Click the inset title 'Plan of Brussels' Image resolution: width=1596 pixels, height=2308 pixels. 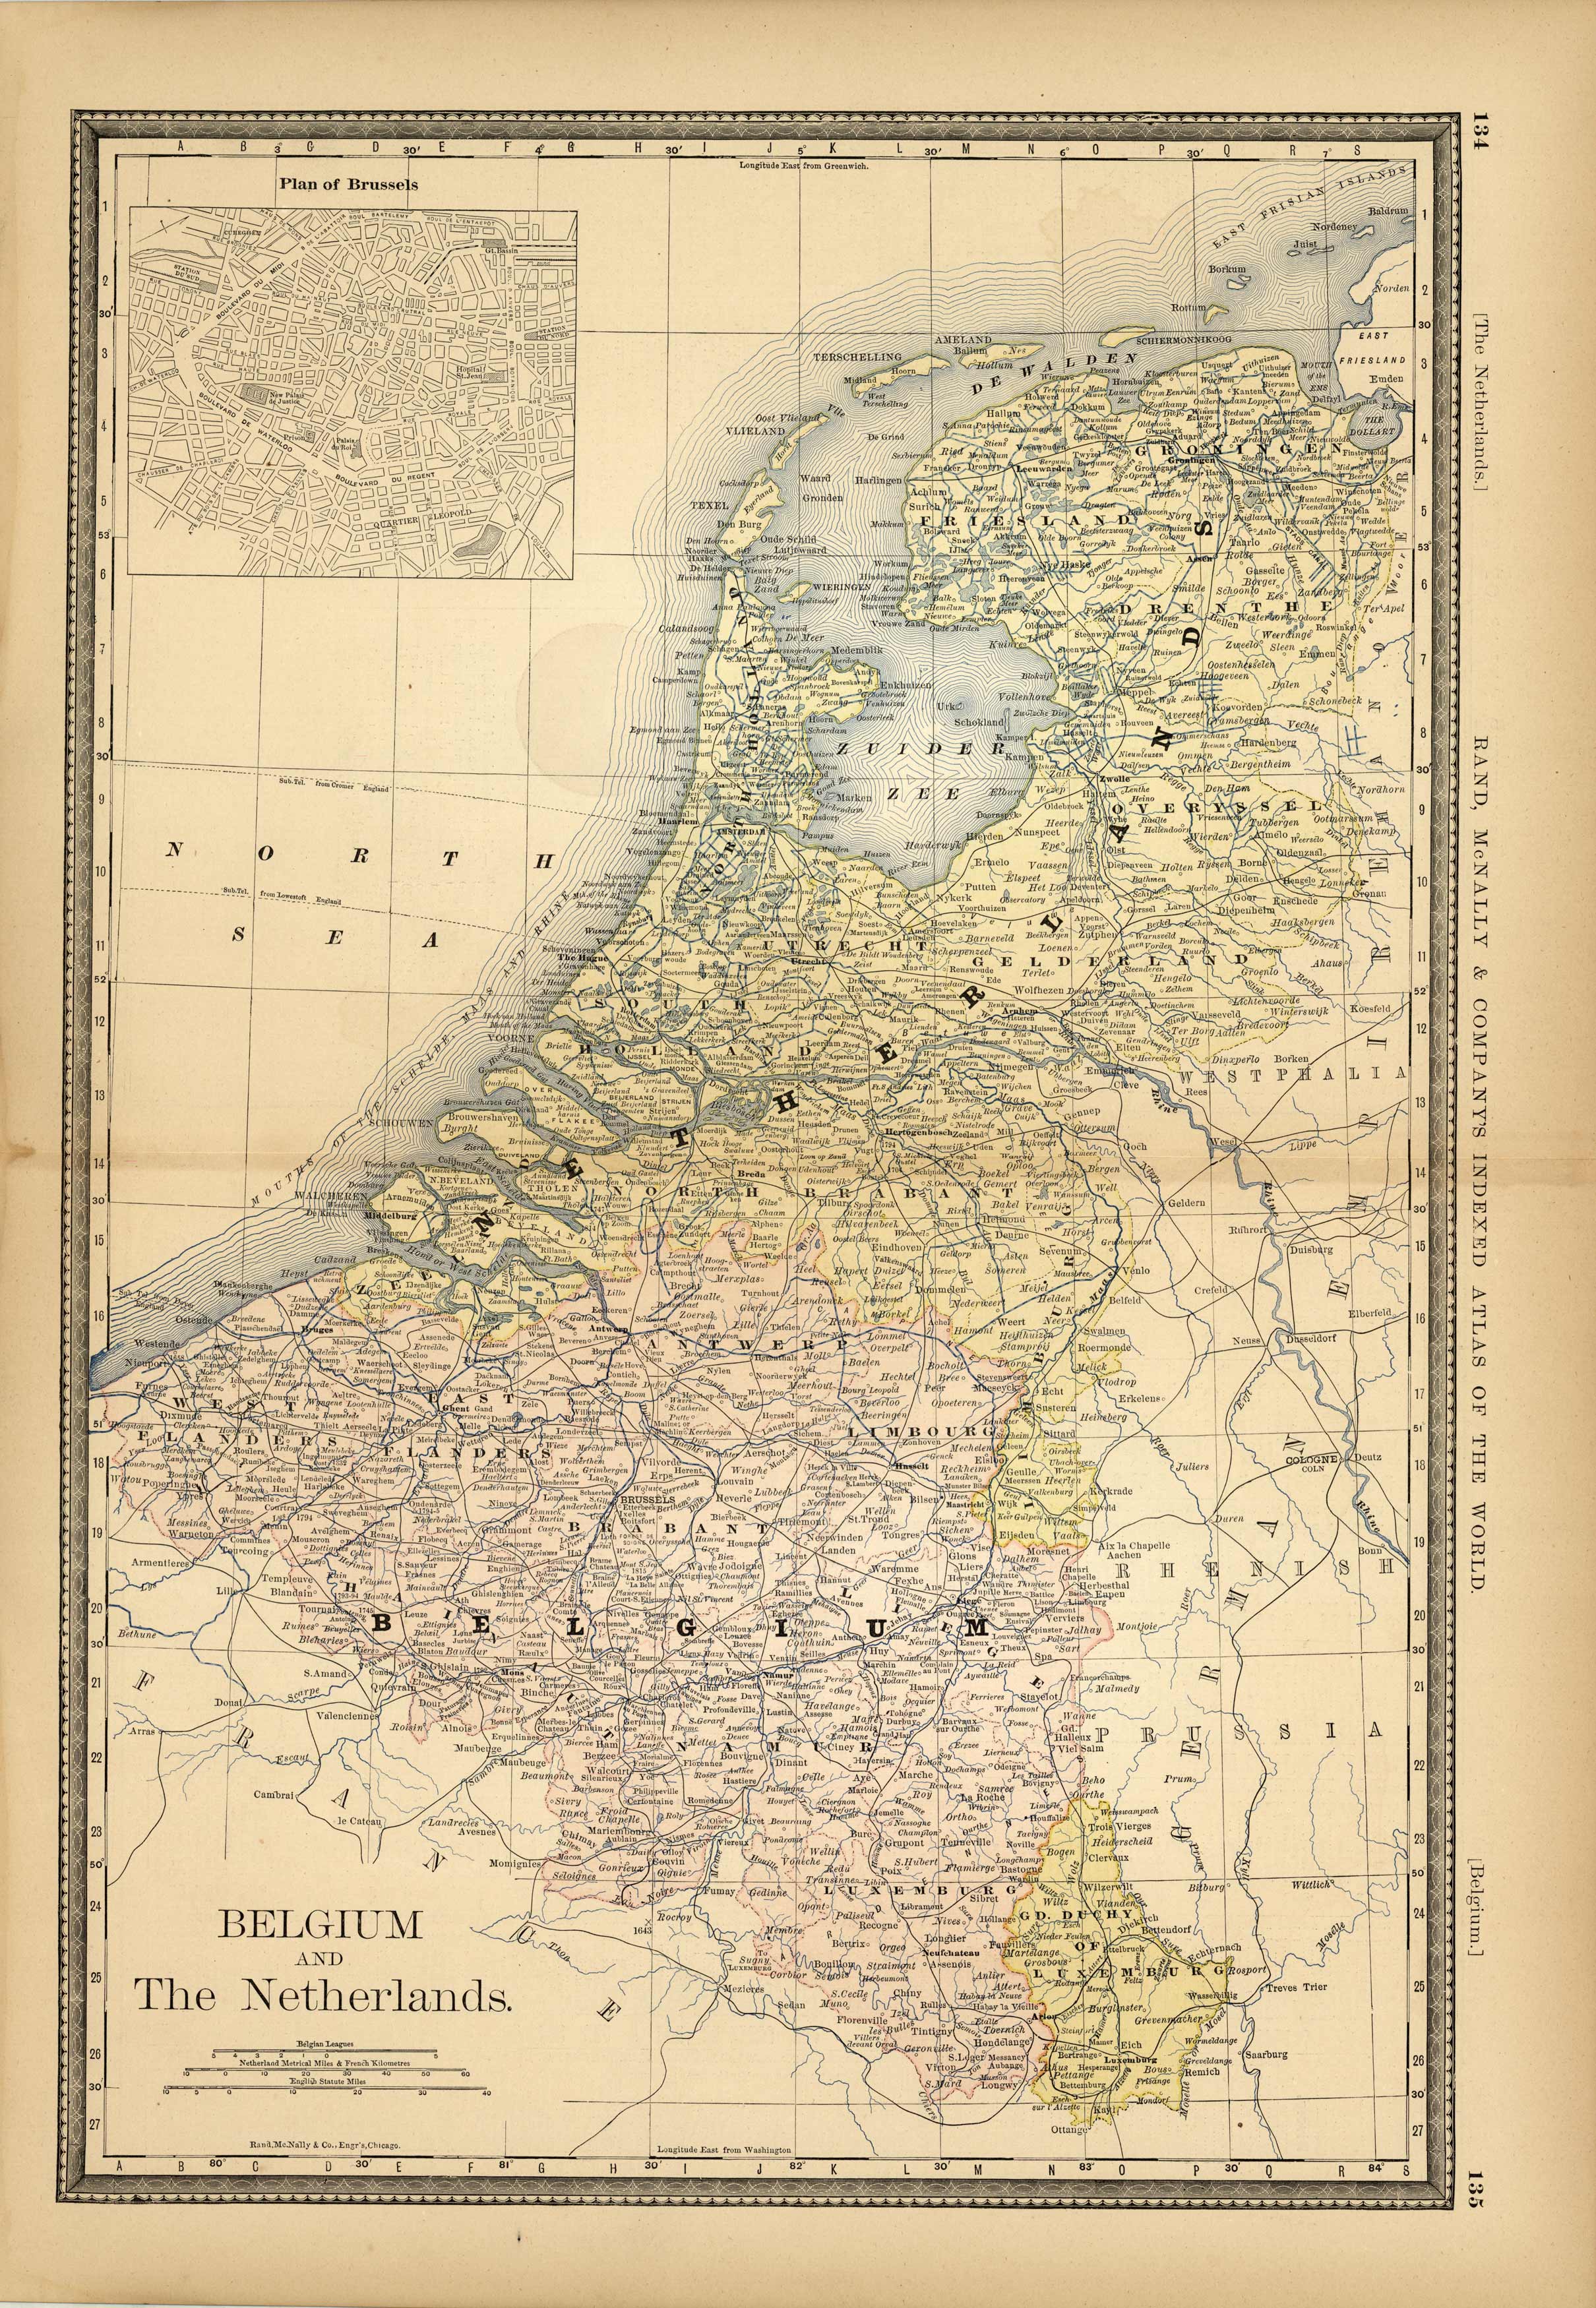coord(348,184)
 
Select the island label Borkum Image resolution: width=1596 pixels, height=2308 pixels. coord(1227,269)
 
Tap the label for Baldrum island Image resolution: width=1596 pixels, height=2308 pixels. coord(1389,211)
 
